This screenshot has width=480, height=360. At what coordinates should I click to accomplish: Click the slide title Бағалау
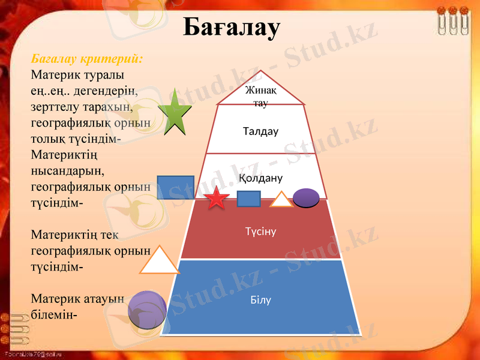tap(231, 27)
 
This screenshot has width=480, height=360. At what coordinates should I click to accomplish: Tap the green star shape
tap(175, 114)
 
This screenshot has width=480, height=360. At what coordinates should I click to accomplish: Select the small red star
tap(217, 197)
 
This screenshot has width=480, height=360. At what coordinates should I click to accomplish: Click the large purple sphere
tap(148, 309)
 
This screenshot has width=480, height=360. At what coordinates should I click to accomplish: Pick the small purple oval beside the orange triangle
tap(306, 197)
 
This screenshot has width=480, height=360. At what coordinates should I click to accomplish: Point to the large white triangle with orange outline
tap(159, 262)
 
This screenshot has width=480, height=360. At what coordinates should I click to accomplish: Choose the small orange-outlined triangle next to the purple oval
tap(281, 200)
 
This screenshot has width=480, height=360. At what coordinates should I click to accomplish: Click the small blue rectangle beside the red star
tap(248, 199)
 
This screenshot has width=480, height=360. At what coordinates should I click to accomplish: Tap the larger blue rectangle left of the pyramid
tap(175, 187)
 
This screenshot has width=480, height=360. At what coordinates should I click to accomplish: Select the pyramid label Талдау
tap(261, 131)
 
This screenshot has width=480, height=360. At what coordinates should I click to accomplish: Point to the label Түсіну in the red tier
tap(260, 230)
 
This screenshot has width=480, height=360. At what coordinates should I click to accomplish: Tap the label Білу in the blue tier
tap(260, 299)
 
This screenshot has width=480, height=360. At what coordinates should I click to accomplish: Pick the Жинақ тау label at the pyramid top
tap(260, 96)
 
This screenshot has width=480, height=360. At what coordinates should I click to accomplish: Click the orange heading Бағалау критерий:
tap(87, 60)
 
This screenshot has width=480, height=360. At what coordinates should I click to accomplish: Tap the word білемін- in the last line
tap(53, 314)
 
